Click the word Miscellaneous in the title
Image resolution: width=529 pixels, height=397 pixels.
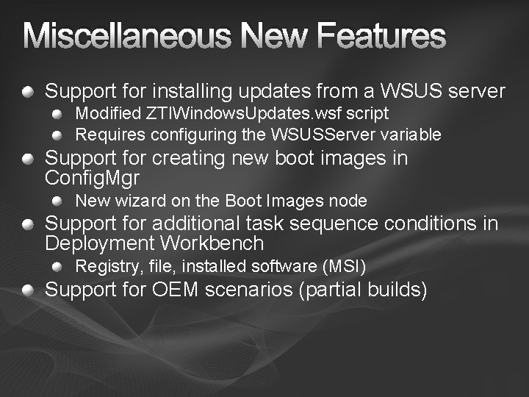point(134,36)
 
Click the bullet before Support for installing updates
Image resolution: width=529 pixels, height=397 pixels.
point(27,93)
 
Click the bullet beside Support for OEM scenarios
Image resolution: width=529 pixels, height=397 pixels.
point(27,291)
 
